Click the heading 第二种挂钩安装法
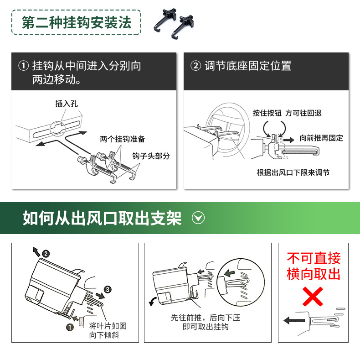[x=77, y=22]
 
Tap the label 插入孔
[x=67, y=104]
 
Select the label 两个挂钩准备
[x=122, y=139]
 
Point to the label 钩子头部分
[x=151, y=156]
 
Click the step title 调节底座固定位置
[x=248, y=66]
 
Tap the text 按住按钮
[x=267, y=113]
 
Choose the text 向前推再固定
[x=321, y=138]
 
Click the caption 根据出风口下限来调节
[x=293, y=172]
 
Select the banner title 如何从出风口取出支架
[x=102, y=218]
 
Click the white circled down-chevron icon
[x=198, y=218]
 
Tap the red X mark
[x=313, y=297]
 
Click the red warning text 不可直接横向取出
[x=314, y=266]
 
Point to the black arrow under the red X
[x=294, y=320]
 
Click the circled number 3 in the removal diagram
[x=108, y=289]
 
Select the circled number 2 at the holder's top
[x=46, y=254]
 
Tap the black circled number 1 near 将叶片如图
[x=70, y=327]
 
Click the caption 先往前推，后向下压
[x=206, y=318]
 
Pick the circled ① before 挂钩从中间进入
[x=23, y=66]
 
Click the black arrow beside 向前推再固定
[x=288, y=140]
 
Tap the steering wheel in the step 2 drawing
[x=228, y=131]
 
